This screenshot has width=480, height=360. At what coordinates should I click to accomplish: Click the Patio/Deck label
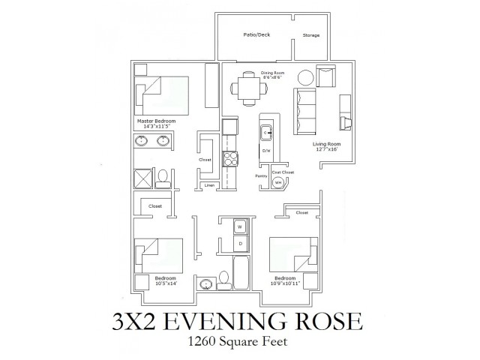tap(257, 35)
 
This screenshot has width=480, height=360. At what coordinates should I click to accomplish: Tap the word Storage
tap(310, 35)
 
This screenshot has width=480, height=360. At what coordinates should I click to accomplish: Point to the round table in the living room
tap(307, 78)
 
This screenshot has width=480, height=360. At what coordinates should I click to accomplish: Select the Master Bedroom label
tap(155, 121)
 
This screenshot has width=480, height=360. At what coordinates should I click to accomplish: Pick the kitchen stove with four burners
tap(232, 160)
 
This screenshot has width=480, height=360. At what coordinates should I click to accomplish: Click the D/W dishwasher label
tap(265, 151)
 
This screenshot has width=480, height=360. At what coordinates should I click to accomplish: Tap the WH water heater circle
tap(277, 181)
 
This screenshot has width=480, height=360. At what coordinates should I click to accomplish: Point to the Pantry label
tap(262, 177)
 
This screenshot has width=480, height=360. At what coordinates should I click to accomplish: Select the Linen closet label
tap(210, 184)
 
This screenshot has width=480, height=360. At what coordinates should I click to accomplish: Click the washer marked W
tap(241, 226)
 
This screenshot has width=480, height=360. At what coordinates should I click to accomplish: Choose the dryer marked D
tap(241, 244)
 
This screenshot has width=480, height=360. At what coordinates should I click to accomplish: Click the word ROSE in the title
tap(325, 323)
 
